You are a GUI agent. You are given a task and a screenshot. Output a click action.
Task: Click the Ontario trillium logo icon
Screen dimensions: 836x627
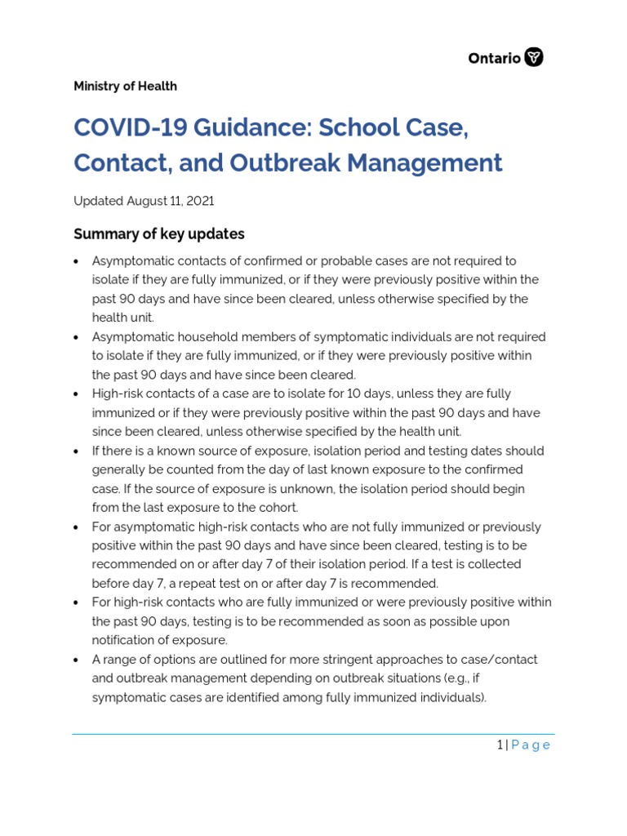click(x=534, y=57)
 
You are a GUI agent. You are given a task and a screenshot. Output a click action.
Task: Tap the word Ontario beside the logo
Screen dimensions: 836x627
click(x=494, y=58)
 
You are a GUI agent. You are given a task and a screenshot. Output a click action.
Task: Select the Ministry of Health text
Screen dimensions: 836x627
click(x=125, y=87)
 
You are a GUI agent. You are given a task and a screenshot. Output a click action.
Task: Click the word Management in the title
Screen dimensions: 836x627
click(x=425, y=162)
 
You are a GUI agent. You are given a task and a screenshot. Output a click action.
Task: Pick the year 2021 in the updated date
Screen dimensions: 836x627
click(x=200, y=201)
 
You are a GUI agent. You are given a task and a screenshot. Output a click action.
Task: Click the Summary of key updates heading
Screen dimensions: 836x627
click(x=159, y=234)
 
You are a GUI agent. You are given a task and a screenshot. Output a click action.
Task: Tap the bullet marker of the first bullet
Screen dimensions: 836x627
click(x=76, y=261)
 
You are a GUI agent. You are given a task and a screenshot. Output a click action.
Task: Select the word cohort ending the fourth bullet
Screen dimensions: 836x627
click(x=278, y=508)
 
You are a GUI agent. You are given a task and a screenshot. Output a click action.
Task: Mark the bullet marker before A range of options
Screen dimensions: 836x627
click(x=76, y=660)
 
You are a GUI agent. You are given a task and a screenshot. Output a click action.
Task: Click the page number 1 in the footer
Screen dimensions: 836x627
click(x=500, y=745)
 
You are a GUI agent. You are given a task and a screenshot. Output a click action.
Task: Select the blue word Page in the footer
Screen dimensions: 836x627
click(x=531, y=745)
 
